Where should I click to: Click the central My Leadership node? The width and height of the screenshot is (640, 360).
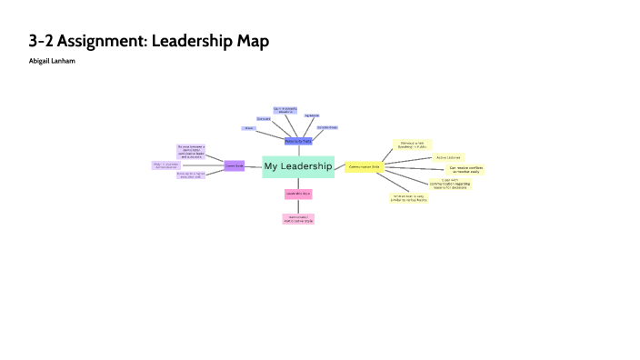pos(298,166)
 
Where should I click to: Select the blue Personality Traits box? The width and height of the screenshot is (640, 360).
pos(298,141)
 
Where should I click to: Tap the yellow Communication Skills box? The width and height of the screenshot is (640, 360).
pos(364,166)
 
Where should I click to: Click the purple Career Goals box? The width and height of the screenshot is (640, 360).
pos(234,165)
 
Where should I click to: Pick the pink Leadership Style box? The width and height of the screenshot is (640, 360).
pos(298,194)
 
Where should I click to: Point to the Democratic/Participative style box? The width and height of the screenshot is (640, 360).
pos(298,219)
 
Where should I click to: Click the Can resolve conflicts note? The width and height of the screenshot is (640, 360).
pos(464,170)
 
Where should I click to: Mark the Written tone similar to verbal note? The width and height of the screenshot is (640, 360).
pos(409,197)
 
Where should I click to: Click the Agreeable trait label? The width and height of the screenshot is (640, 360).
pos(312,115)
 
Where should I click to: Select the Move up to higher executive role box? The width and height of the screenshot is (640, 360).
pos(190,175)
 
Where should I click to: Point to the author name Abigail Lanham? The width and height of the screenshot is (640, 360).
pos(53,61)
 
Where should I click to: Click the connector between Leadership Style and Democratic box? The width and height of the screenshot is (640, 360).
pos(298,206)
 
